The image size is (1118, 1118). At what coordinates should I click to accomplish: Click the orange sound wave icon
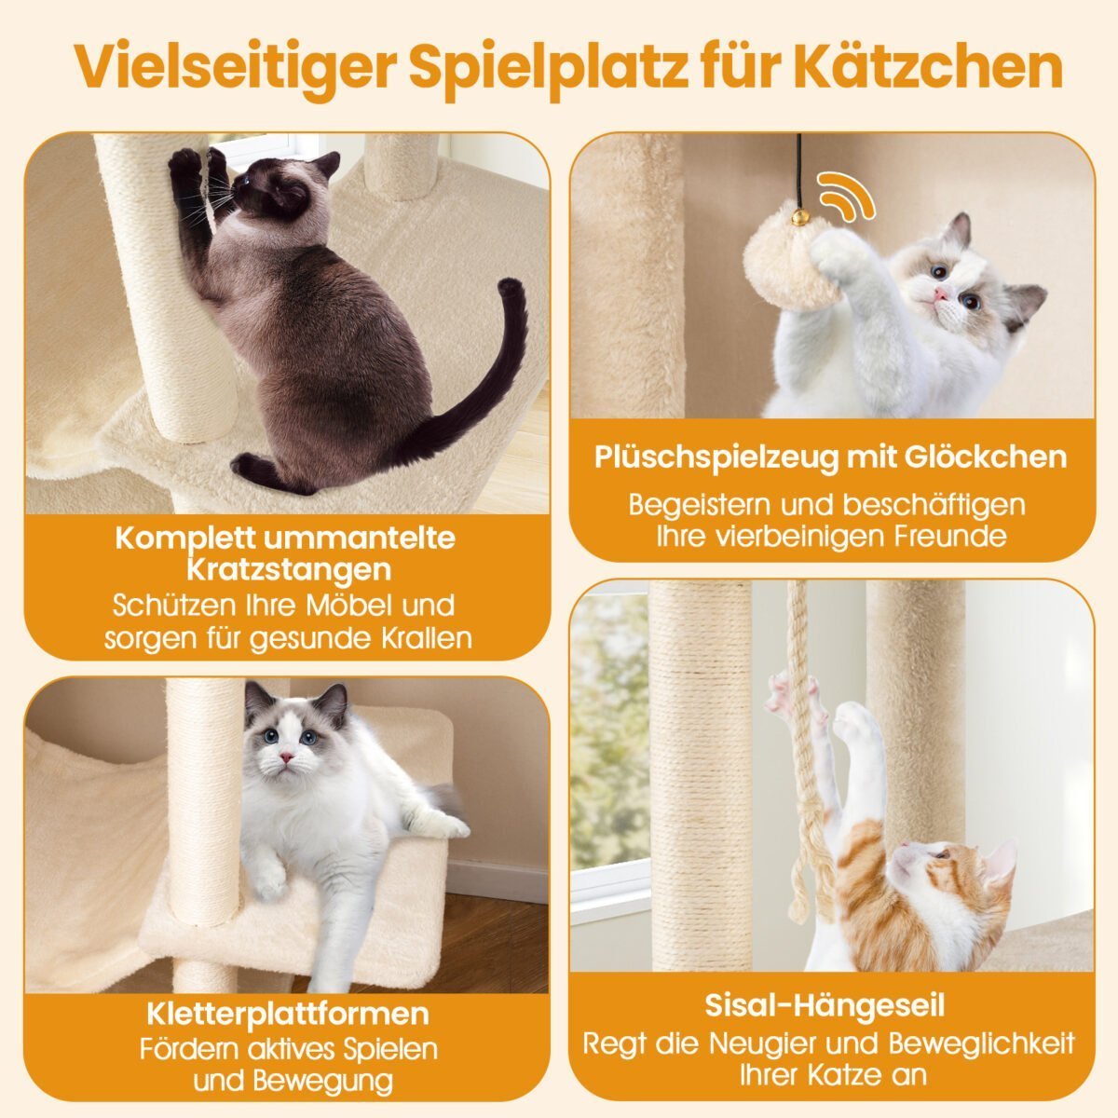[x=848, y=195]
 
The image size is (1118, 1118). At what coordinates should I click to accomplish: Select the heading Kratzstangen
[x=289, y=570]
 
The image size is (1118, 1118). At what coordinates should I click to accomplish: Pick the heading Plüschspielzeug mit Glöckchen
[x=830, y=457]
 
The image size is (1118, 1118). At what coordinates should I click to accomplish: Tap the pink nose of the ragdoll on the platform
[x=286, y=757]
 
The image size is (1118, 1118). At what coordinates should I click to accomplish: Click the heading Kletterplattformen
[x=288, y=1014]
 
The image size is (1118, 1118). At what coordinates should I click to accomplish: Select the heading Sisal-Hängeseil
[x=825, y=1005]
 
